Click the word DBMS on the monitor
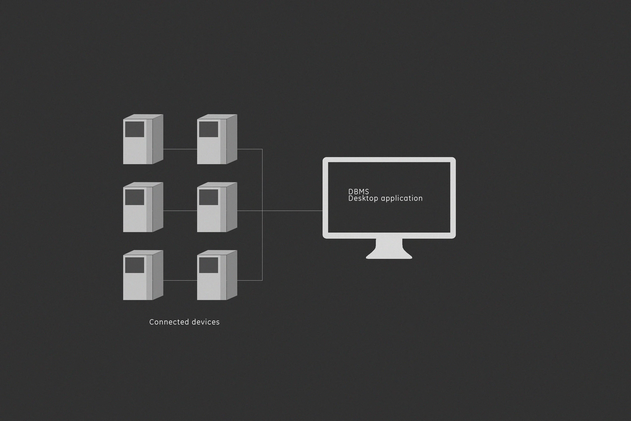click(x=358, y=192)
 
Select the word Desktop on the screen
click(x=363, y=199)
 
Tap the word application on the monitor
click(x=402, y=199)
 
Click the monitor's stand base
click(x=389, y=255)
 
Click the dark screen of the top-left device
click(x=135, y=129)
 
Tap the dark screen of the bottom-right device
click(x=208, y=265)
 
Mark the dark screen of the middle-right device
click(x=208, y=197)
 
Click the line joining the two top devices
click(x=180, y=149)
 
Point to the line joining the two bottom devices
click(x=180, y=280)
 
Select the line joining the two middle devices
click(x=180, y=211)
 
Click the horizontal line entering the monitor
click(x=293, y=211)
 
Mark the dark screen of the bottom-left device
click(x=135, y=265)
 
